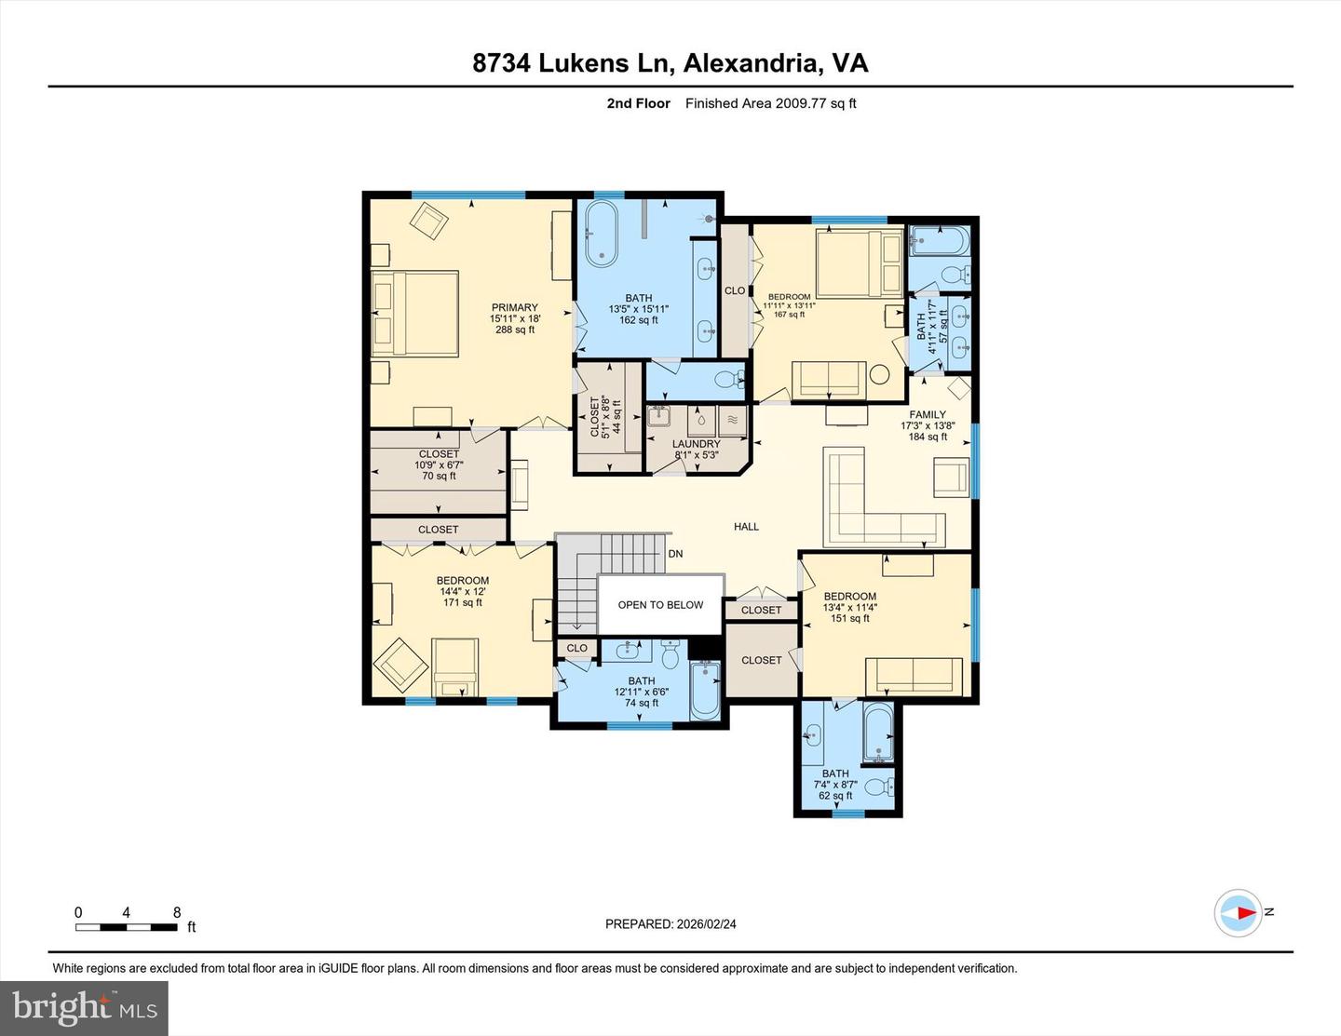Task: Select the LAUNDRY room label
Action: (696, 445)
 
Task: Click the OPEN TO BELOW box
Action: (660, 605)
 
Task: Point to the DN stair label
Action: (675, 554)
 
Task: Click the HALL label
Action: (746, 527)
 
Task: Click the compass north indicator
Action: (1239, 913)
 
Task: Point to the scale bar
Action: (127, 927)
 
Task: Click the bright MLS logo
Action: (84, 1008)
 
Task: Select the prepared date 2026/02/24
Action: (670, 924)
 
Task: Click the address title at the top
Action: (670, 63)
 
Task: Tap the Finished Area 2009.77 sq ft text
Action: (770, 103)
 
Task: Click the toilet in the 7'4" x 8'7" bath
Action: (880, 787)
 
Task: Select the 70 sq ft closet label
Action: (439, 464)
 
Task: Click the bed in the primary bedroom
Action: (415, 314)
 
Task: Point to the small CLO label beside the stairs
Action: (576, 648)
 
